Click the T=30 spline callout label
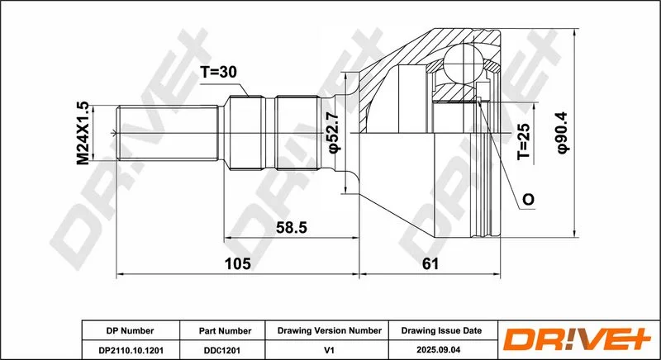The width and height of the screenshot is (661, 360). pos(218,73)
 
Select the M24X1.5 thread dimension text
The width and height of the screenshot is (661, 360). pos(83,133)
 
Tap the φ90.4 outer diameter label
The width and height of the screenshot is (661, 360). pos(563,133)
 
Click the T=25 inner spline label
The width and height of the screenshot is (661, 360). pos(524,141)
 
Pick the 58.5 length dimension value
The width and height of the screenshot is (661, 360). pos(292,228)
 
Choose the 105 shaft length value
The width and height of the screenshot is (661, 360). pos(238,263)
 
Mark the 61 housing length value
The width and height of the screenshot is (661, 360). pos(430,263)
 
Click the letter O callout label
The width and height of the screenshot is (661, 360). pos(528,199)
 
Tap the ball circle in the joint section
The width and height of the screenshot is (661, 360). pos(463,63)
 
